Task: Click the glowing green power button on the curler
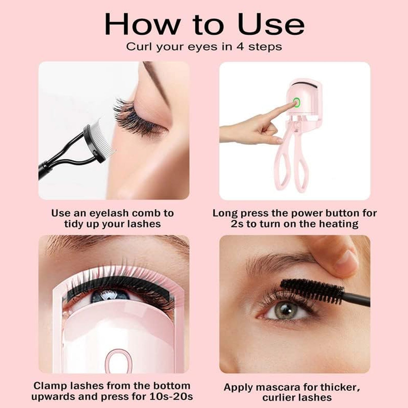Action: pos(296,103)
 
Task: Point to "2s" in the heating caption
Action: pos(237,224)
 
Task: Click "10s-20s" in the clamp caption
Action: pos(172,397)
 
